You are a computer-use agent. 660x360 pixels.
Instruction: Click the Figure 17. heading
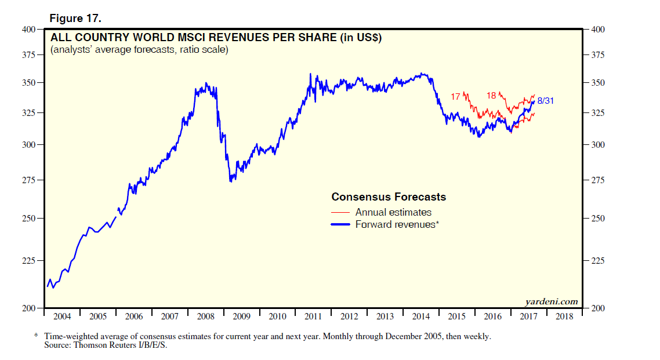(x=75, y=19)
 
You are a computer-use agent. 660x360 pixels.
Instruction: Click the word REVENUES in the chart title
(x=249, y=38)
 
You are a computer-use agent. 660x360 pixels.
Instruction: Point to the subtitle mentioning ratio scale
(x=139, y=50)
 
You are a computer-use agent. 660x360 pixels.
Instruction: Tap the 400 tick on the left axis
(x=28, y=29)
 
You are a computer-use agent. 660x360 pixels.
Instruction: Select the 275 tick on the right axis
(x=599, y=180)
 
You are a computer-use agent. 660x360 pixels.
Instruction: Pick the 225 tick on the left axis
(x=28, y=261)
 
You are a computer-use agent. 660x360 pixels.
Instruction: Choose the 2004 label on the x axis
(x=62, y=317)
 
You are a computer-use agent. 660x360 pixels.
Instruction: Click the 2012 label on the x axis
(x=349, y=317)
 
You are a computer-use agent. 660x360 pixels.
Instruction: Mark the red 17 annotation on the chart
(x=455, y=97)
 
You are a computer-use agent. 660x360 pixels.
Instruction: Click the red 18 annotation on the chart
(x=491, y=96)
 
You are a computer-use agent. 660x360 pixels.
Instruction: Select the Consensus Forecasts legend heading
(x=389, y=197)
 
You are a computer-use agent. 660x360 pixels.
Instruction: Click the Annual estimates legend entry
(x=393, y=212)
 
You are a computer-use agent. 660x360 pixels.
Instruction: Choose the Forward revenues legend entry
(x=397, y=224)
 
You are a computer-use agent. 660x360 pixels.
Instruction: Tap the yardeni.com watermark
(x=551, y=301)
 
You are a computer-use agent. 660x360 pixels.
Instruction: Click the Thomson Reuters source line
(x=106, y=345)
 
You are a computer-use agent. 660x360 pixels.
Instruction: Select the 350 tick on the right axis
(x=599, y=83)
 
